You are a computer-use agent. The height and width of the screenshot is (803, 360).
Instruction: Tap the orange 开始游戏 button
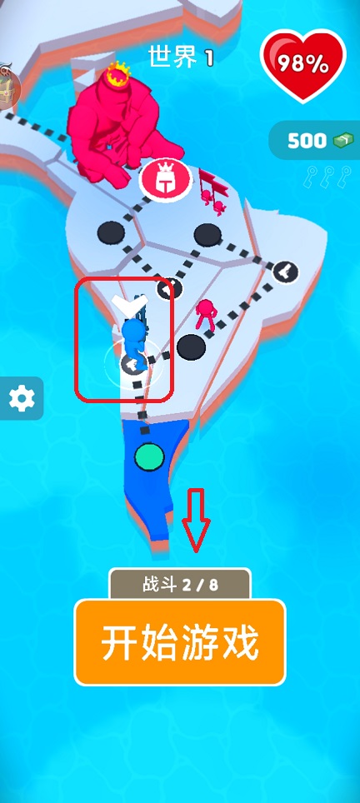coord(180,641)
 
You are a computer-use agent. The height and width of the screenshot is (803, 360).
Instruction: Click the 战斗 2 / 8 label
coord(180,585)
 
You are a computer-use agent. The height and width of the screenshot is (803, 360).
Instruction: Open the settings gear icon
coord(22,398)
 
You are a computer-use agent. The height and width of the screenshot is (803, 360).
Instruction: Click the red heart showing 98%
coord(303,64)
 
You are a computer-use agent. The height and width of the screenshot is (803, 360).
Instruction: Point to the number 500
coord(307,140)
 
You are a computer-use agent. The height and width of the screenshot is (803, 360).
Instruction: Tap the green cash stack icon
coord(343,140)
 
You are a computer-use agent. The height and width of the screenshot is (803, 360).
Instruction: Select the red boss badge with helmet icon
coord(165,180)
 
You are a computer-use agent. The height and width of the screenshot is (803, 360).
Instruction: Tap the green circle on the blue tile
coord(149,457)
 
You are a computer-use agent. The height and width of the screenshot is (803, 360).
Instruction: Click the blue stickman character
coord(134,341)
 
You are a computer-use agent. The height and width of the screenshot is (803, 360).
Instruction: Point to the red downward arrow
coord(196,520)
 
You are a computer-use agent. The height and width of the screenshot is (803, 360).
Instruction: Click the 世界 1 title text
coord(181,57)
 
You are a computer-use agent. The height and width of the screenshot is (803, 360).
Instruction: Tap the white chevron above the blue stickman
coord(129,305)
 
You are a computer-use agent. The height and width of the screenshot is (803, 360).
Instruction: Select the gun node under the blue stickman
coord(133,364)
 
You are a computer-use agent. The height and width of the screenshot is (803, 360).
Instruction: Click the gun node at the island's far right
coord(285,272)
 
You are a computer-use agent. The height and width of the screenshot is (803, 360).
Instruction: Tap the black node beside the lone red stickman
coord(191,347)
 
